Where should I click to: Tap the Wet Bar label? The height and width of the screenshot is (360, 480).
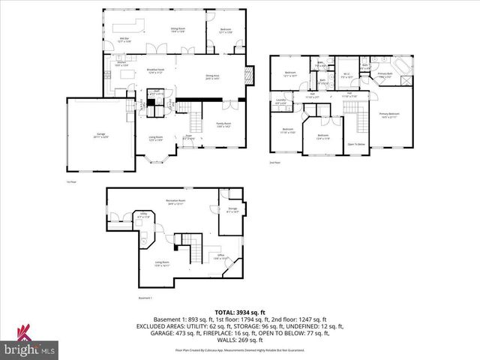[124, 40]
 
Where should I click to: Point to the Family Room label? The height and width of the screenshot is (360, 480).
[223, 124]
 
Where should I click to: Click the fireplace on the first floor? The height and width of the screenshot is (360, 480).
[251, 76]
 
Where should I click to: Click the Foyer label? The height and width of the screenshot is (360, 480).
[189, 137]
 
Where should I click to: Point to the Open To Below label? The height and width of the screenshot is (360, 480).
[356, 143]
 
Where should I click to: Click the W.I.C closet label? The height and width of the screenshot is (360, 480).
[346, 75]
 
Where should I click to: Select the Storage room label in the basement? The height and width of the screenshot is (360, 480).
[232, 211]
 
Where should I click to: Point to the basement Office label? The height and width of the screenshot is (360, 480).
[221, 256]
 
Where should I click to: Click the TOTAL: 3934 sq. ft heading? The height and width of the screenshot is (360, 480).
[239, 311]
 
